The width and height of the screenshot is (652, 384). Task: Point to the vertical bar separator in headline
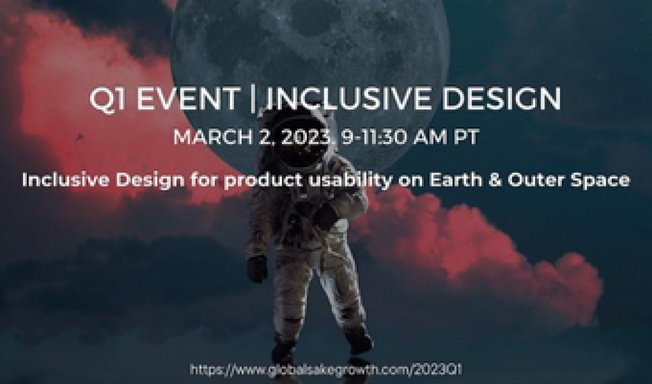[253, 99]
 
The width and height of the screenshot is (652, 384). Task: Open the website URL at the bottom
[326, 369]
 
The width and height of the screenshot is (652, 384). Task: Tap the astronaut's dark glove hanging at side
[258, 269]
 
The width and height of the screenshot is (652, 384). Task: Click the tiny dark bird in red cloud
[79, 137]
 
